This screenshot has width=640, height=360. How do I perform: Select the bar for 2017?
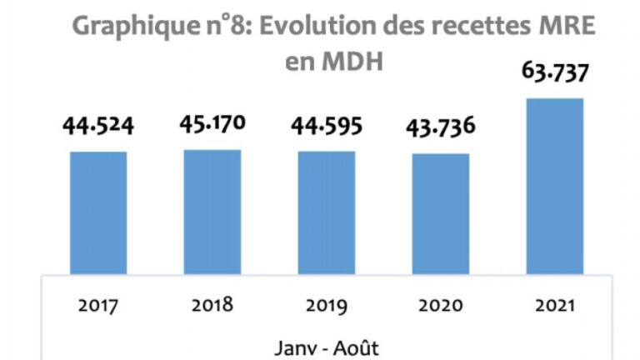(98, 212)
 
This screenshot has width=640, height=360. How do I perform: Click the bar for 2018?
(212, 212)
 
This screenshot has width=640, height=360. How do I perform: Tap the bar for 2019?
(327, 212)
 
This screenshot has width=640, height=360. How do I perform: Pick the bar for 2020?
(441, 213)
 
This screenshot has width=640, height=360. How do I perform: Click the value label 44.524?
(98, 126)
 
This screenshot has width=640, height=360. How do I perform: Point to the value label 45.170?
(212, 124)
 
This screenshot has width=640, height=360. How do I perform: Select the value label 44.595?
(327, 126)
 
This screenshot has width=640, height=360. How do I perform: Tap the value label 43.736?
(441, 129)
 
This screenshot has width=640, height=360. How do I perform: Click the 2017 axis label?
(98, 305)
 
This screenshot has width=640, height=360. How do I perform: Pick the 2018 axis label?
(212, 305)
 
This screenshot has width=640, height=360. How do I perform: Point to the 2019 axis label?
(327, 305)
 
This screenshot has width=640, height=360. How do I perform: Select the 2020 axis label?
(441, 305)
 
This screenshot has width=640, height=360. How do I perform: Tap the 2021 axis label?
(555, 305)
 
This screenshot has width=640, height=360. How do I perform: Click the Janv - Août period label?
(326, 344)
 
